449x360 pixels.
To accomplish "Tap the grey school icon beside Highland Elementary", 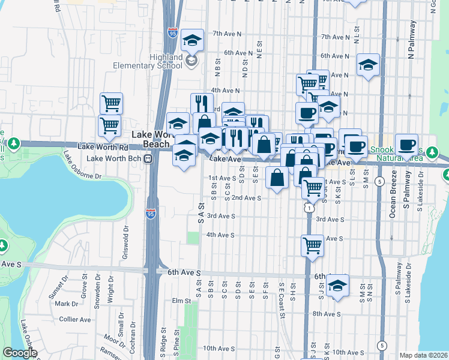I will click(191, 60).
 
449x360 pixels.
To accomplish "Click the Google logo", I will click(19, 353).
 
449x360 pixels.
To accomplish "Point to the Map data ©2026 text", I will click(423, 355).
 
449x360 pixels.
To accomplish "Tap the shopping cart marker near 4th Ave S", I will click(312, 245).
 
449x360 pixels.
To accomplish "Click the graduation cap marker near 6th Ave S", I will click(338, 286).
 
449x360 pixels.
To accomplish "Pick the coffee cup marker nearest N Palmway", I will click(406, 145).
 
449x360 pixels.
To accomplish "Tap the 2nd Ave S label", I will click(246, 197).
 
